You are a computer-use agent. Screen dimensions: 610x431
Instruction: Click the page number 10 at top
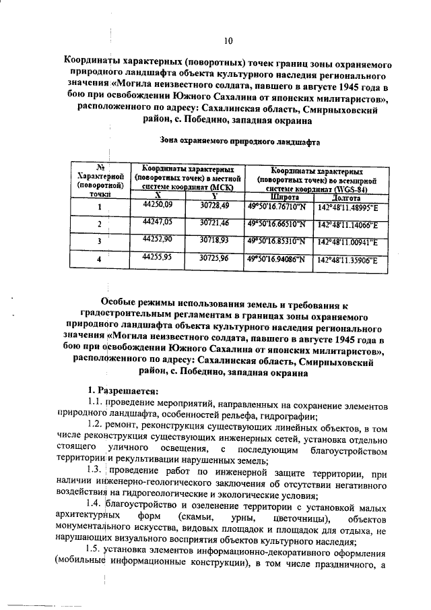[228, 41]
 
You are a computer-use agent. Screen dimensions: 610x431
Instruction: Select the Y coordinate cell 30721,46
[215, 222]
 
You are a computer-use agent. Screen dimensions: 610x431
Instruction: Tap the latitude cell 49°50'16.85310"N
[276, 240]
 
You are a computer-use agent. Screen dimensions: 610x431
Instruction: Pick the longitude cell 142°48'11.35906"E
[346, 259]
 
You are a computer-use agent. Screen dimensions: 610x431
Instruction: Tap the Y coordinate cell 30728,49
[215, 204]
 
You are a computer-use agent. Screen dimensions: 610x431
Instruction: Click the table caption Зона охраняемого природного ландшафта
[239, 142]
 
